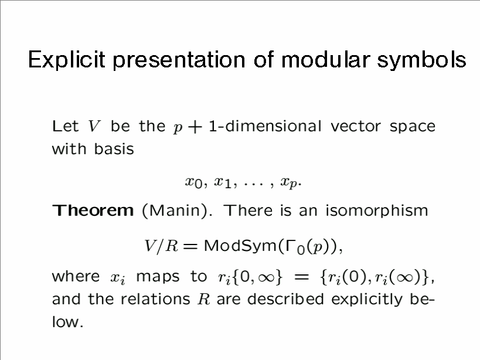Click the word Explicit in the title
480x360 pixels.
click(67, 59)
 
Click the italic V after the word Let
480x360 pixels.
click(94, 126)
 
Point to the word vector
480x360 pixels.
click(356, 127)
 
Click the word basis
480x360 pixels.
click(114, 149)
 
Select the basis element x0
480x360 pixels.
click(194, 183)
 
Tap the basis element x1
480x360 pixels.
click(223, 183)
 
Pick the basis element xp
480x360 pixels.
click(289, 183)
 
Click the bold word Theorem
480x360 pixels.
click(93, 210)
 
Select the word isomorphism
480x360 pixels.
click(376, 211)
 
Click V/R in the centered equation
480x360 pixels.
click(161, 246)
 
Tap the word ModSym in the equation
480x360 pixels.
click(240, 246)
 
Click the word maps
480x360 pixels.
click(157, 277)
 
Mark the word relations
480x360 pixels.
click(155, 299)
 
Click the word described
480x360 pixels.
click(285, 299)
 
